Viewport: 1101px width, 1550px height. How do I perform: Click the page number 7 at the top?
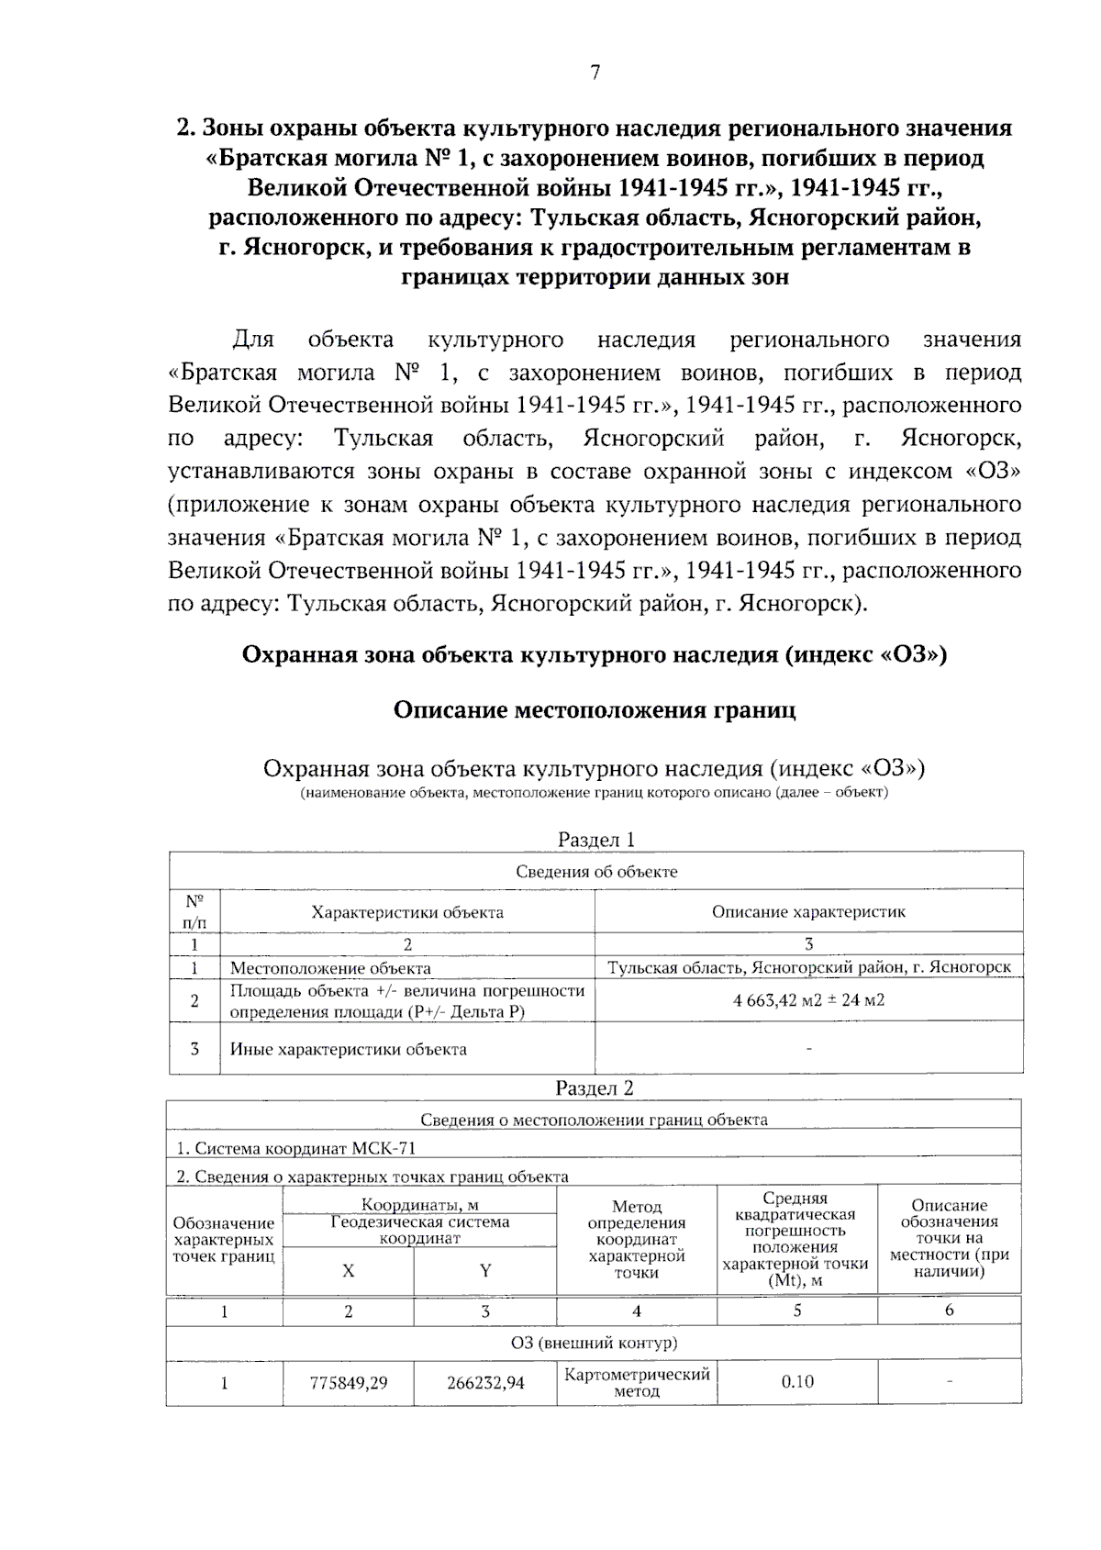[x=595, y=72]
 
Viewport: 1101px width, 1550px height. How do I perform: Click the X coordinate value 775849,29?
[x=348, y=1383]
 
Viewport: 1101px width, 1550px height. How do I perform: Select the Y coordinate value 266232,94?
[x=485, y=1383]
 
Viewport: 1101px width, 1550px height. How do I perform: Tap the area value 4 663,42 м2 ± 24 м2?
[x=808, y=1000]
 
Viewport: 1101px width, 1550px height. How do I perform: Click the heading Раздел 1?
[x=596, y=840]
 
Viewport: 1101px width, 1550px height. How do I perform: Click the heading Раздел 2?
[x=595, y=1088]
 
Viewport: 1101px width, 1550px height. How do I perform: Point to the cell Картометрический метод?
[x=637, y=1383]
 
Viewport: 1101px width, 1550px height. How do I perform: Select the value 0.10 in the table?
[x=796, y=1382]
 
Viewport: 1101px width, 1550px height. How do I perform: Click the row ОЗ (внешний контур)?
[x=594, y=1344]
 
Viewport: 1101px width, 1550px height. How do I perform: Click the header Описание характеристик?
[x=808, y=912]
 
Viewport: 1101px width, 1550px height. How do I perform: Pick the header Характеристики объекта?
[x=407, y=912]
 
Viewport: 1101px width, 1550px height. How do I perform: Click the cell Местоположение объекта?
[x=330, y=968]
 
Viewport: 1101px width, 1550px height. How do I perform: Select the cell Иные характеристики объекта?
[x=348, y=1049]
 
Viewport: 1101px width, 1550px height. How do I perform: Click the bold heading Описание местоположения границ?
[x=595, y=710]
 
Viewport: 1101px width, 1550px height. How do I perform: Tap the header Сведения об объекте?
[x=596, y=872]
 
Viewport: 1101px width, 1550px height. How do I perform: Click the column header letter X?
[x=348, y=1271]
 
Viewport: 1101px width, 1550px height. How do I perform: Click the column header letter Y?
[x=485, y=1271]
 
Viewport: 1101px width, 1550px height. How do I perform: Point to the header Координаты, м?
[x=419, y=1205]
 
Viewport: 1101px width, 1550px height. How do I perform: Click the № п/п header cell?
[x=195, y=911]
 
